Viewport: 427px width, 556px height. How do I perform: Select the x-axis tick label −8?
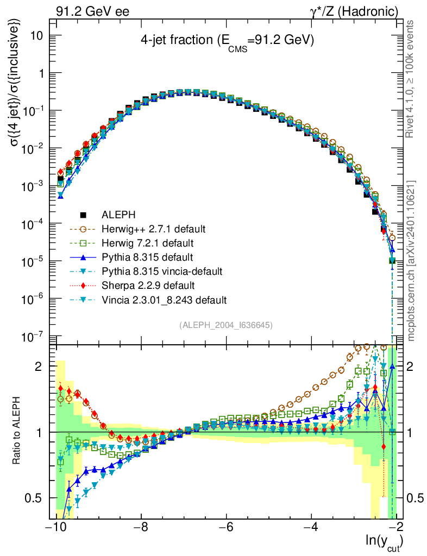pos(141,527)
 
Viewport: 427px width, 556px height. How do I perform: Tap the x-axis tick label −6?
pos(226,527)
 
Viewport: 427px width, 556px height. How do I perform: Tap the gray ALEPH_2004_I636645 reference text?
pos(225,325)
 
